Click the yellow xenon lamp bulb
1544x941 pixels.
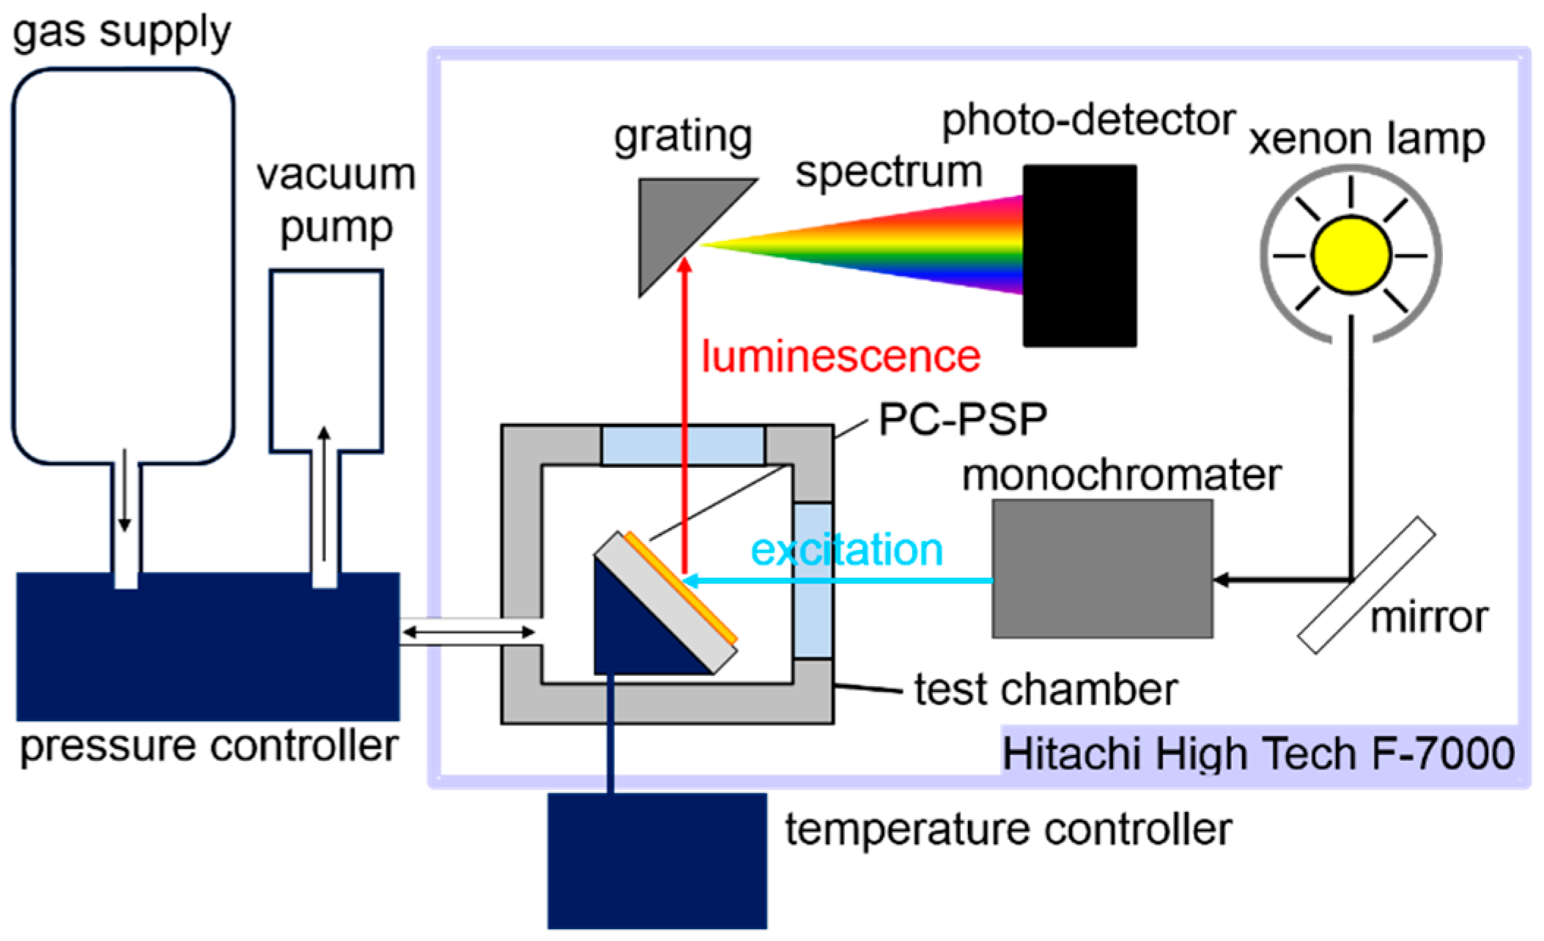coord(1351,255)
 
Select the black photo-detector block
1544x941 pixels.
coord(1079,255)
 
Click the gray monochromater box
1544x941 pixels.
coord(1101,568)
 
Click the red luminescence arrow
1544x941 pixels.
coord(684,410)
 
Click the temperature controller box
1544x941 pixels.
coord(657,860)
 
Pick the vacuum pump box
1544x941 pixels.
coord(326,359)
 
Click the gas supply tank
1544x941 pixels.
coord(123,264)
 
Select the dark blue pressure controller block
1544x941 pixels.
coord(207,648)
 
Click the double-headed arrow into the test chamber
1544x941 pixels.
coord(469,631)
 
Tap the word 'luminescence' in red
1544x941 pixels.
coord(841,357)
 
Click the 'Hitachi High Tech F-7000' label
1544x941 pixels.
coord(1257,753)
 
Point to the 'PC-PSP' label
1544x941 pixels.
coord(962,420)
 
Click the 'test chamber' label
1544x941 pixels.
coord(1046,690)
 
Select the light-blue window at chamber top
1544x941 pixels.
coord(682,445)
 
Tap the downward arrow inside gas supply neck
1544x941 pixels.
coord(125,491)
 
